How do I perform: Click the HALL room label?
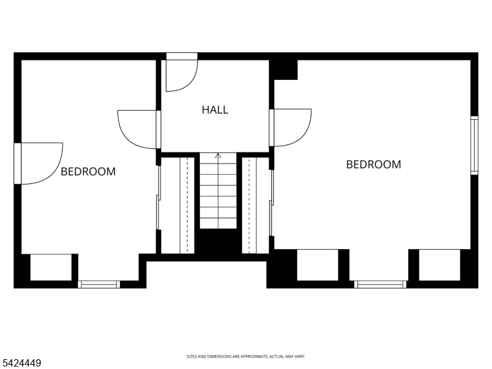(215, 110)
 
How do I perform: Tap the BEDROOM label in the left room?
(88, 172)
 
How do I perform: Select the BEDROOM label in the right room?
(373, 164)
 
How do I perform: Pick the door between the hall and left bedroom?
(138, 129)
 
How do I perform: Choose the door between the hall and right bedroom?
(291, 127)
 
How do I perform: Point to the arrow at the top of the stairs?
(218, 156)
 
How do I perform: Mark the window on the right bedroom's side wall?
(474, 145)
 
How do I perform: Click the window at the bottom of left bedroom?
(98, 284)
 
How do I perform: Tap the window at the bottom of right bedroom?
(380, 284)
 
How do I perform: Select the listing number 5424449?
(21, 363)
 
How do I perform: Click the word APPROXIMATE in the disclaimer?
(248, 357)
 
